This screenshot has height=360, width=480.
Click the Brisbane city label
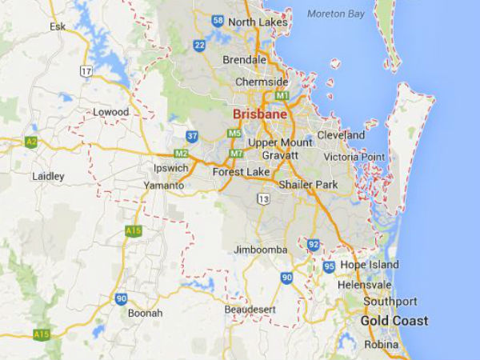(x=259, y=114)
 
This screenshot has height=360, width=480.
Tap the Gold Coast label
(x=394, y=321)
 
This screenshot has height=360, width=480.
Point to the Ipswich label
(x=171, y=170)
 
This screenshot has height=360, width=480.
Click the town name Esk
(x=57, y=26)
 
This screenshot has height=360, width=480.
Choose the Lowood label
(x=110, y=112)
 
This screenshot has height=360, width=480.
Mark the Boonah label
(x=145, y=313)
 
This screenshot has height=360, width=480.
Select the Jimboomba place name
(x=260, y=250)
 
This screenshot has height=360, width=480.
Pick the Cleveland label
(x=341, y=135)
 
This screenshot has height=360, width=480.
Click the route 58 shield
(x=218, y=20)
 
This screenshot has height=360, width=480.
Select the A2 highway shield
(x=31, y=142)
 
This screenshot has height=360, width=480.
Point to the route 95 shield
(x=329, y=266)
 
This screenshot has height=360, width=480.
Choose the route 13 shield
(x=263, y=198)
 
